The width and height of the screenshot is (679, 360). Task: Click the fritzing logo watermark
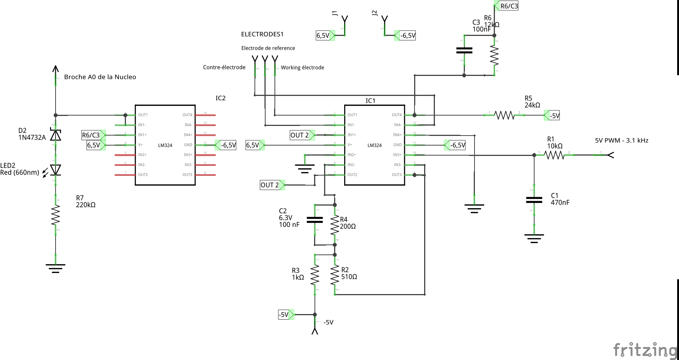[645, 350]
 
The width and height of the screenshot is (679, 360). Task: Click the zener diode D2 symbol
[56, 135]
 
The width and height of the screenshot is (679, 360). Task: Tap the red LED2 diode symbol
[56, 170]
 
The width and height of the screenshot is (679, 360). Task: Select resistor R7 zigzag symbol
[56, 215]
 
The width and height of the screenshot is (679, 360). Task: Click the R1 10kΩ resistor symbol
[554, 155]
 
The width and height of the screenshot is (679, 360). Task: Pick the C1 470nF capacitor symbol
[534, 200]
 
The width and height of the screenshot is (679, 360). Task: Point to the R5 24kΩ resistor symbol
[504, 115]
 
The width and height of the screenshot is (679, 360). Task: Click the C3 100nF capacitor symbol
[464, 50]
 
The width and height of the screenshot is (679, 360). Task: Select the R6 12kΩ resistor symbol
[494, 55]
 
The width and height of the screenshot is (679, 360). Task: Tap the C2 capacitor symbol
[315, 220]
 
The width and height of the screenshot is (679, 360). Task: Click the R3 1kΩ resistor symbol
[315, 274]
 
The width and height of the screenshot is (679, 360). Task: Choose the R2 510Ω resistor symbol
[335, 274]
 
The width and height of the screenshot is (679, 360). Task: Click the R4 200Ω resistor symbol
[335, 224]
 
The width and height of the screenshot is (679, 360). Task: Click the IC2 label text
[220, 98]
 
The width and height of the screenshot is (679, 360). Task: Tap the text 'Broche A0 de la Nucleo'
[100, 77]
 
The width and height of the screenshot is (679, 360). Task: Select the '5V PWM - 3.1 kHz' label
[622, 140]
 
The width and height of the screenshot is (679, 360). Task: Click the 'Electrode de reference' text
[268, 48]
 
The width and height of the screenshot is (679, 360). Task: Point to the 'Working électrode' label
[302, 67]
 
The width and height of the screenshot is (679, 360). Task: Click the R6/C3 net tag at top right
[508, 6]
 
